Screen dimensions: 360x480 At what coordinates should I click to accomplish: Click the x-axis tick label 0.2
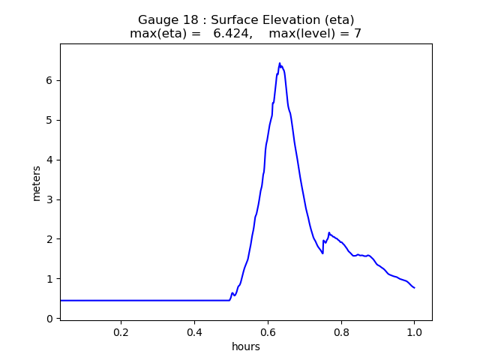(121, 332)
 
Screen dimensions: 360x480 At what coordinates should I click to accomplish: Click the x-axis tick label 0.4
(194, 332)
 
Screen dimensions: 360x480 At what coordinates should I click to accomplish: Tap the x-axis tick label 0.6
(268, 332)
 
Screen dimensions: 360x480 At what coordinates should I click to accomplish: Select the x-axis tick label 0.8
(341, 332)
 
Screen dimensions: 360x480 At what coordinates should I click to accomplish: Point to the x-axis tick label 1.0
(414, 332)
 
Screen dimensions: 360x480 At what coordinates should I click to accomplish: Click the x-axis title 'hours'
(246, 346)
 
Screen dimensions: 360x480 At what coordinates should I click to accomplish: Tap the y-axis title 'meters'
(36, 182)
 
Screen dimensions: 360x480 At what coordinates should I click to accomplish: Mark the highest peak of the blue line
(279, 63)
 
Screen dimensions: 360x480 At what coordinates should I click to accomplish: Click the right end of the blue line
(415, 288)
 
